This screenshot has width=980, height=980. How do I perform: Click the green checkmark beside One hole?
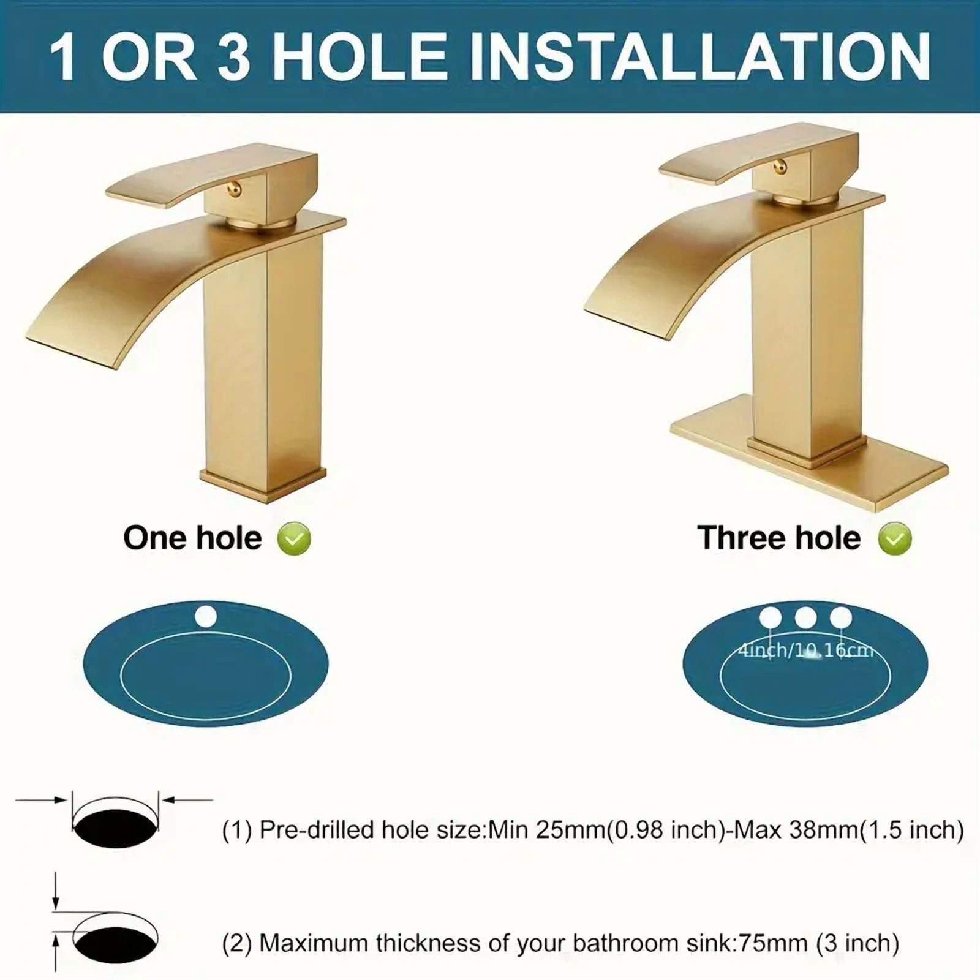tap(294, 539)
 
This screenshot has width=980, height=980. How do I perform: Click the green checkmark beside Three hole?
tap(895, 539)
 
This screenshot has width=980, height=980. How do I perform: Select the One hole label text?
tap(192, 538)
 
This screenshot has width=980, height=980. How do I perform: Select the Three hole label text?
tap(779, 538)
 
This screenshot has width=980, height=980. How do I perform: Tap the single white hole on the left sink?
tap(205, 616)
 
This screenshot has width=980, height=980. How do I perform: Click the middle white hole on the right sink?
tap(805, 617)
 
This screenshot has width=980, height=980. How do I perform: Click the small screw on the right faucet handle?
tap(780, 165)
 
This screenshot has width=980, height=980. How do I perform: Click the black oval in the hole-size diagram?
tap(116, 827)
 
